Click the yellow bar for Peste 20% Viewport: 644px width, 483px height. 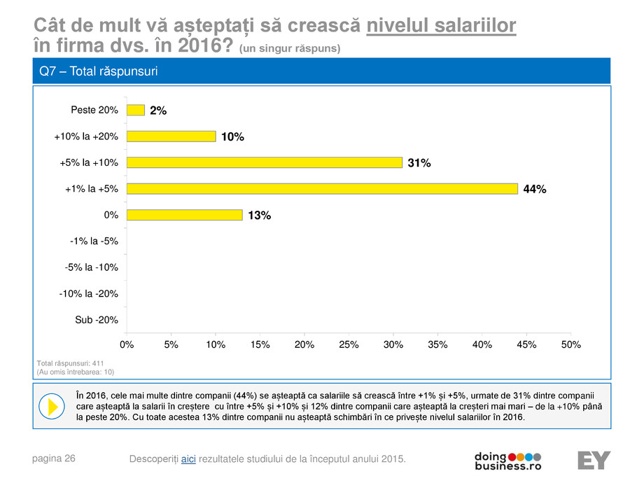tap(136, 110)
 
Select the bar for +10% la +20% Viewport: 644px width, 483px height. tap(171, 136)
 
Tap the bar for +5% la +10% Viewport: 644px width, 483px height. tap(265, 162)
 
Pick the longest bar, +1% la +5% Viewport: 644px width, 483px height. tap(322, 188)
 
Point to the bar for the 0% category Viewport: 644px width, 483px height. tap(185, 215)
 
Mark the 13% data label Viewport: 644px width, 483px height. tap(259, 216)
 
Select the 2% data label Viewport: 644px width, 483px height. tap(158, 111)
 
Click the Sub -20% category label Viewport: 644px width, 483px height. tap(97, 320)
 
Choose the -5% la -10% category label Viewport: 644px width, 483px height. tap(92, 267)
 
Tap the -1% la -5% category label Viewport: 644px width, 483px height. tap(94, 241)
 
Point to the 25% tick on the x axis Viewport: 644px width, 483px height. tap(349, 345)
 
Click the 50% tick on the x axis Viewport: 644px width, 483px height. tap(571, 345)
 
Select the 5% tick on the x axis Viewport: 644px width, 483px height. tap(171, 345)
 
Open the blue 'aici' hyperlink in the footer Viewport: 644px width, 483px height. tap(188, 458)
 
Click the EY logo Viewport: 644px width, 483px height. tap(594, 460)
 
